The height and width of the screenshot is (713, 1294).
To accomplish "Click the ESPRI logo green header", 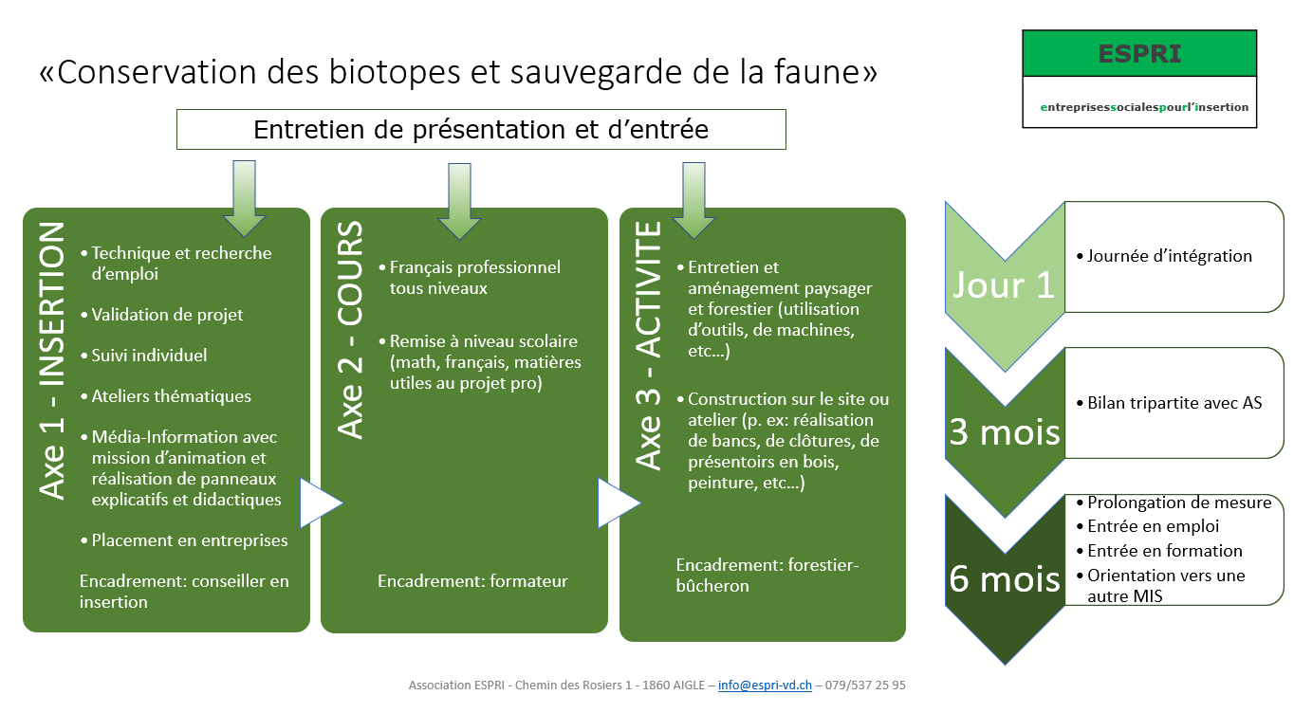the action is click(x=1139, y=53).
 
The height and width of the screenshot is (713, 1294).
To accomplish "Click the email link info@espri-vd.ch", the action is click(x=765, y=685).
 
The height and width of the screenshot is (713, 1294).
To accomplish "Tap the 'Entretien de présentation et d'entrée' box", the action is click(x=481, y=129).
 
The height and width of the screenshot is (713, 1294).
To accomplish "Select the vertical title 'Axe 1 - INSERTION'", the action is click(x=52, y=360).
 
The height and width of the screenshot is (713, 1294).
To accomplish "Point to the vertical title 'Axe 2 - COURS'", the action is click(x=350, y=330).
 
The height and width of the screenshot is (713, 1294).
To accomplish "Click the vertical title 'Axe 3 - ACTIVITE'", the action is click(x=648, y=345).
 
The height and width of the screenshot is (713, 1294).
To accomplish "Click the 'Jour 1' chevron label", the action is click(x=1004, y=284).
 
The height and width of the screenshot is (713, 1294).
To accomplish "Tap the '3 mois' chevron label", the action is click(x=1005, y=431).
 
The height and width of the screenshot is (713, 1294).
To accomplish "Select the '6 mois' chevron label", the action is click(x=1005, y=578).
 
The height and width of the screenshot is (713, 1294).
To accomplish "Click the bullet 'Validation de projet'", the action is click(x=162, y=315).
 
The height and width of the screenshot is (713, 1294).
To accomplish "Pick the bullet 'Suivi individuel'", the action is click(x=144, y=355).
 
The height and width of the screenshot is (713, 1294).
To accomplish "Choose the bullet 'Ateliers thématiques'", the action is click(x=166, y=396).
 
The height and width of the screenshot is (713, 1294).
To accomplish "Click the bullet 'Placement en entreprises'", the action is click(x=185, y=540).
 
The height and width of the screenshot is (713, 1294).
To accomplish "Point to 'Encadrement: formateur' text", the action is click(x=472, y=581).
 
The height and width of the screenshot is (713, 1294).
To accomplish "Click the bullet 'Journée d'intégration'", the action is click(x=1165, y=256).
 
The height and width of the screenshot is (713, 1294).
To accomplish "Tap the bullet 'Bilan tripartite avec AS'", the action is click(x=1169, y=402).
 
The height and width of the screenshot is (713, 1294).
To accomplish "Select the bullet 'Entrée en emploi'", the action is click(x=1148, y=526).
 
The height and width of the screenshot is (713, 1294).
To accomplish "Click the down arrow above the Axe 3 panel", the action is click(x=693, y=200).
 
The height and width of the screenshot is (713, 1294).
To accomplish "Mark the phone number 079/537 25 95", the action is click(x=865, y=685).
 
